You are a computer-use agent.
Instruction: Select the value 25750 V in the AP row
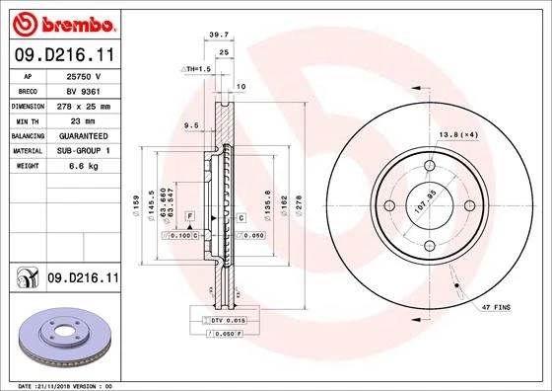click(x=83, y=76)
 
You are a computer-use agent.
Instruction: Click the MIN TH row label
click(x=28, y=120)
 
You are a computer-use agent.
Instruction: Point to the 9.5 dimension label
click(x=191, y=125)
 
